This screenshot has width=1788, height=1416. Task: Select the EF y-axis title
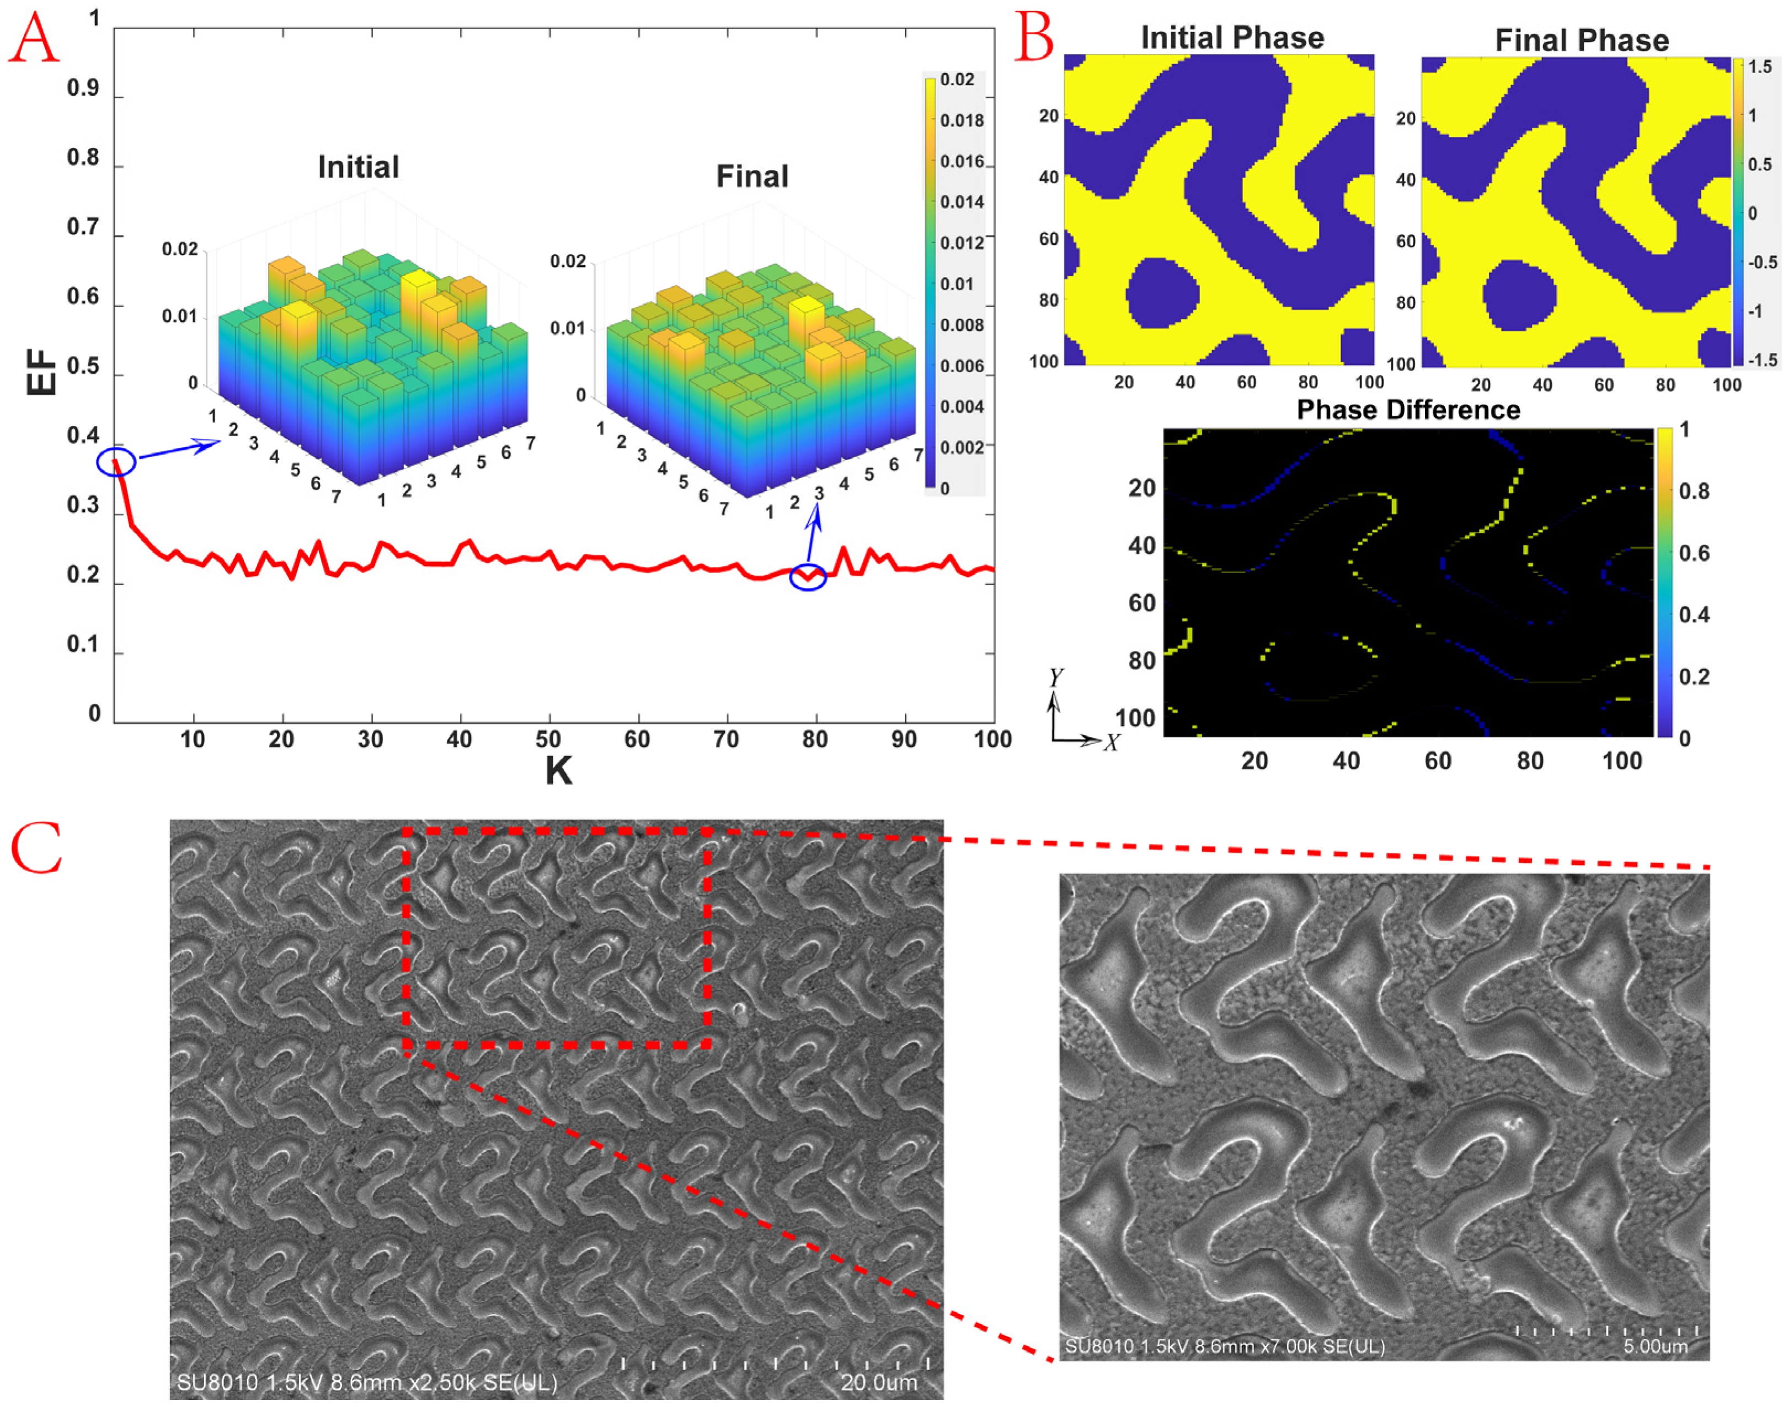(x=41, y=371)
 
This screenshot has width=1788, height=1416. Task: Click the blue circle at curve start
(x=116, y=462)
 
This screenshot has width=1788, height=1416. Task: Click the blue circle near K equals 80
(x=807, y=576)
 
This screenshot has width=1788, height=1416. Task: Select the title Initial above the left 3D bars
(x=358, y=168)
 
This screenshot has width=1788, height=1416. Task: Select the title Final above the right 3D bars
(x=752, y=177)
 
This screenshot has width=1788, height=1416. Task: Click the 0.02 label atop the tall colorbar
(x=957, y=79)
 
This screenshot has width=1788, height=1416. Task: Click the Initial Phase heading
(x=1232, y=38)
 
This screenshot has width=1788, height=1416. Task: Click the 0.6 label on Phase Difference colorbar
(x=1694, y=553)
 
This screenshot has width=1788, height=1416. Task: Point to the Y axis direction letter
(x=1056, y=677)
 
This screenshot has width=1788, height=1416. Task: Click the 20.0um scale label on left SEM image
(x=879, y=1382)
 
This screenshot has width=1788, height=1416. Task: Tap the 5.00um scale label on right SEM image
(x=1654, y=1345)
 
